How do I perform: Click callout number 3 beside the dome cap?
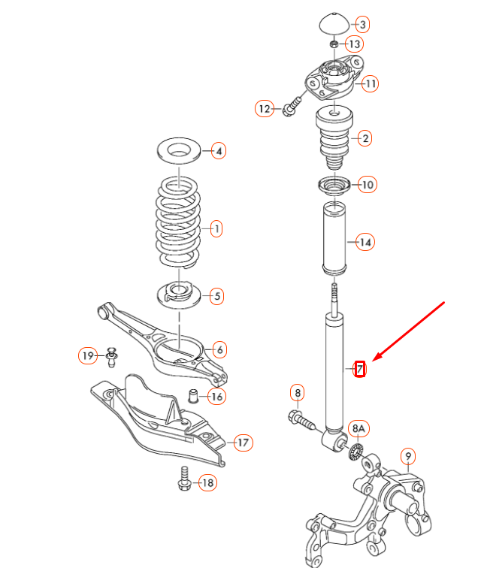(362, 25)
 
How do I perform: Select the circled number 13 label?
(354, 45)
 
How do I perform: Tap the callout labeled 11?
(370, 83)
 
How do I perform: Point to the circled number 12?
(264, 109)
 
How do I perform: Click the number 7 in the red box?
(360, 369)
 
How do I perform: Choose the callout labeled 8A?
(359, 429)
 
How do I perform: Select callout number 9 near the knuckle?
(407, 455)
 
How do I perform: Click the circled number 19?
(89, 355)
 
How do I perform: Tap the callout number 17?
(242, 443)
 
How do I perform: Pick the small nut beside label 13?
(333, 44)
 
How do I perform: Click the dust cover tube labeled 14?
(335, 239)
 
